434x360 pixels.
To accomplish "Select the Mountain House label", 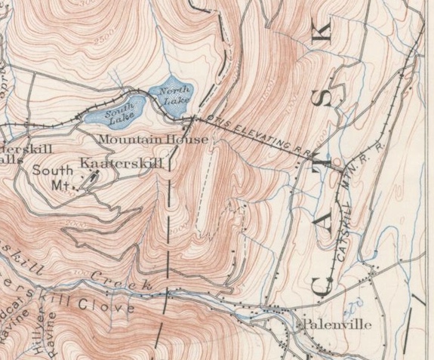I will pos(153,140).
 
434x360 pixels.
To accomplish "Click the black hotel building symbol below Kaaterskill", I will pos(90,180).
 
